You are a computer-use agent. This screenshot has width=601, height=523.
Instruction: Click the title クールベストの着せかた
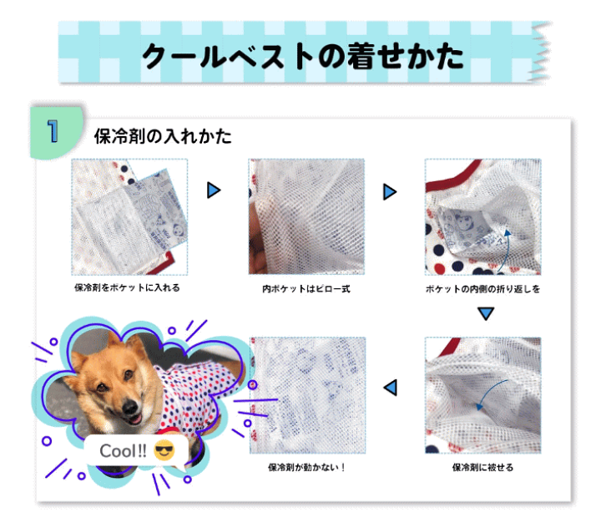tap(302, 56)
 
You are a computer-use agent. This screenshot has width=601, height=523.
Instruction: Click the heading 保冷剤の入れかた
tap(163, 136)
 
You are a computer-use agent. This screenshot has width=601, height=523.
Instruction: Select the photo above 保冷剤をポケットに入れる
tap(129, 216)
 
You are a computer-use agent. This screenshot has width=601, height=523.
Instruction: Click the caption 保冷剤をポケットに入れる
tap(127, 288)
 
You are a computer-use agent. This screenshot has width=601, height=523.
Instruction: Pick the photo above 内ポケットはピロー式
tap(306, 216)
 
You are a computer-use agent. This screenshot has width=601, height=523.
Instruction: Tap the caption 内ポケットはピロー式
tap(306, 289)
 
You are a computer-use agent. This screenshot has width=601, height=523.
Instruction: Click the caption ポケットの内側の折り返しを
tap(482, 289)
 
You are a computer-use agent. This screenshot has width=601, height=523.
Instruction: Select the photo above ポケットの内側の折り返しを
tap(482, 216)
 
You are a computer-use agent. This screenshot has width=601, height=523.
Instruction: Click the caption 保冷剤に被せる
tap(482, 468)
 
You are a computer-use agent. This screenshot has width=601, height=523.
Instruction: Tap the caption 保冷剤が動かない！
tap(306, 468)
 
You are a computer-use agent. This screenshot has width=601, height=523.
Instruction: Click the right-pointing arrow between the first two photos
tap(214, 190)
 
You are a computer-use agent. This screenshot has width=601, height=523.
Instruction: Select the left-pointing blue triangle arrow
tap(390, 387)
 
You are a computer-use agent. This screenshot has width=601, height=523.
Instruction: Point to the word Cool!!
tap(123, 452)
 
